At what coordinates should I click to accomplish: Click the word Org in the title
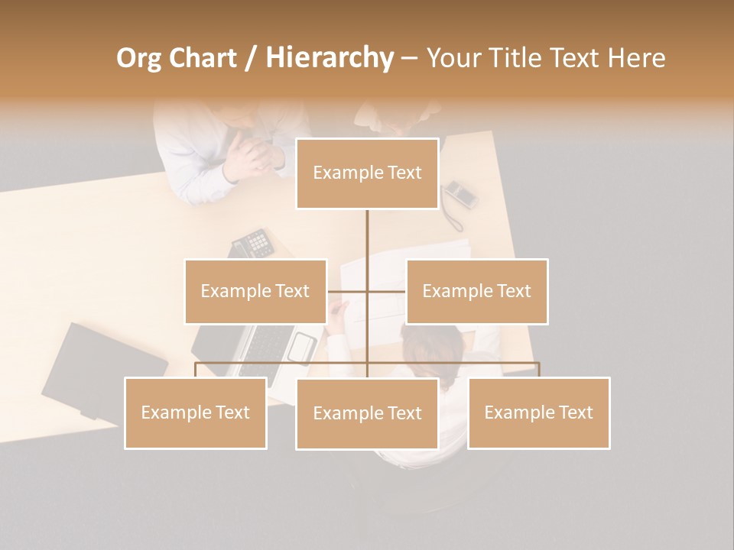point(140,58)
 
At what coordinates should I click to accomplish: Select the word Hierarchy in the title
point(330,58)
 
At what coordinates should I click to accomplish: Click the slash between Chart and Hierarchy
point(251,58)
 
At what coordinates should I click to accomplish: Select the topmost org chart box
point(367,173)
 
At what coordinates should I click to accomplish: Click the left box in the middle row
point(255,291)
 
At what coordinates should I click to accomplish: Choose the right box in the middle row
point(476,291)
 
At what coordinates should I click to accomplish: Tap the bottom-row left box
point(196,412)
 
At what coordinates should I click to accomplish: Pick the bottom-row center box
point(367,413)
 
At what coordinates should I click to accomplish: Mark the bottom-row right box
point(538,412)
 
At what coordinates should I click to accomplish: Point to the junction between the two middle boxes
point(367,291)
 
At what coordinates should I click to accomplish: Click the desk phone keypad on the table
point(253,244)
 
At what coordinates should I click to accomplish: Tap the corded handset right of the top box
point(460,196)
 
